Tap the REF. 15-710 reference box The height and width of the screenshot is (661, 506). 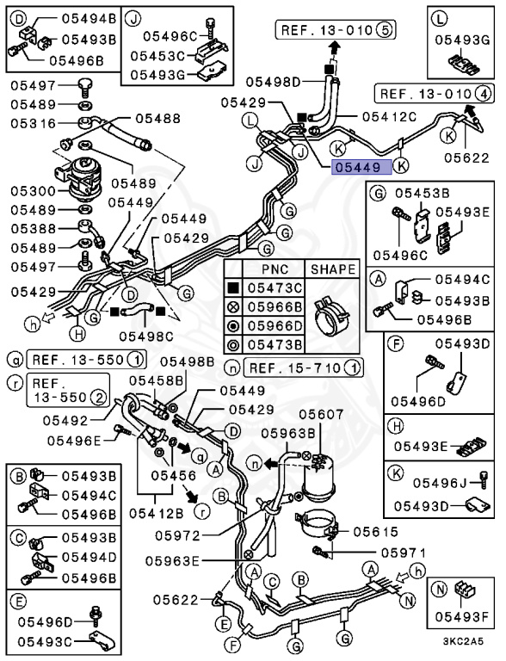pos(303,368)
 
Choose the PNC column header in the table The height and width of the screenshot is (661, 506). pos(275,269)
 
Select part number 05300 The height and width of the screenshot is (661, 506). pos(32,189)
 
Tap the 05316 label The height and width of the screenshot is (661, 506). pos(32,123)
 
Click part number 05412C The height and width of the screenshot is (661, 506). pos(389,116)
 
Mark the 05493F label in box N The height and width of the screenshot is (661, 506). pos(461,615)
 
